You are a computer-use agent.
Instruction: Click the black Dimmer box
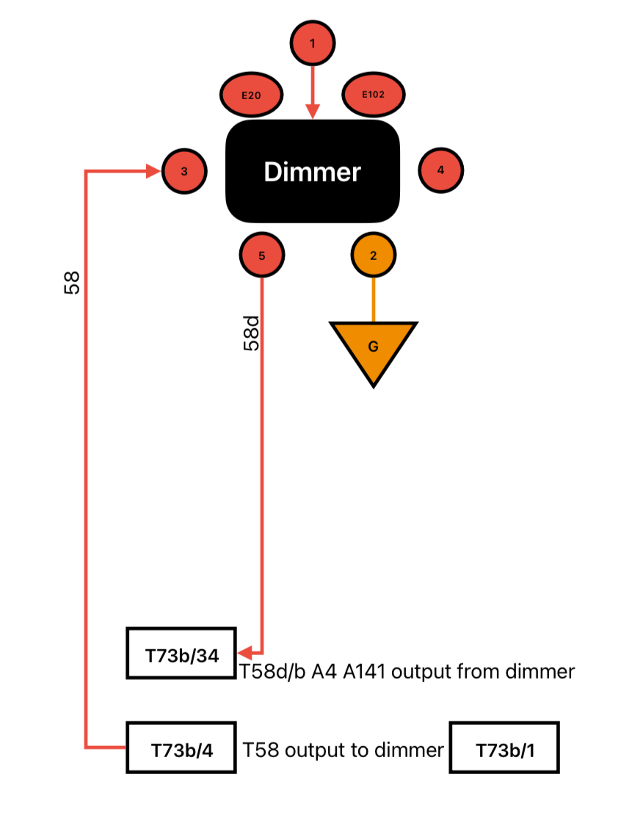click(x=313, y=171)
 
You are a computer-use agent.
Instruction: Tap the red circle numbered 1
click(x=313, y=43)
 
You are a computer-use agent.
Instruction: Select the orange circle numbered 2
click(x=373, y=255)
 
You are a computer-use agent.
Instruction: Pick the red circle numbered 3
click(x=184, y=171)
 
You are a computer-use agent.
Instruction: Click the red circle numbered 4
click(x=440, y=170)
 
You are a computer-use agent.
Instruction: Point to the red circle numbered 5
click(x=261, y=255)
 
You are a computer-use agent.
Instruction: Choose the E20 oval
click(x=251, y=95)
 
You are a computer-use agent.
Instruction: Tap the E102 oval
click(x=373, y=94)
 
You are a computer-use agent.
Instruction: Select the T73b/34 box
click(x=181, y=653)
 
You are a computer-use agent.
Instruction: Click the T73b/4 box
click(x=181, y=748)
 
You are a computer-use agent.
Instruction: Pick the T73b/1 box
click(x=504, y=748)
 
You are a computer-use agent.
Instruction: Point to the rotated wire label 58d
click(x=252, y=333)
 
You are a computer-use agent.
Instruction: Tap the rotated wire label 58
click(x=72, y=283)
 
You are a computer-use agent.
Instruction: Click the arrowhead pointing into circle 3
click(x=154, y=171)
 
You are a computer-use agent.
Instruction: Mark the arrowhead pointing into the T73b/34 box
click(x=245, y=653)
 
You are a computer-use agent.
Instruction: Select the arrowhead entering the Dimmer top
click(x=313, y=112)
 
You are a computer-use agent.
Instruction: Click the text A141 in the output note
click(x=363, y=671)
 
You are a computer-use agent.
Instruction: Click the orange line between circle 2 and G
click(x=373, y=300)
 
